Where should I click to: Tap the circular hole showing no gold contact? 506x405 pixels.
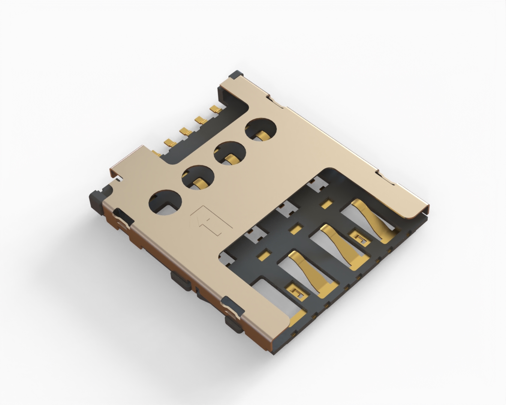pos(165,203)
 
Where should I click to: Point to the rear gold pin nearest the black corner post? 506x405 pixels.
pos(215,109)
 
